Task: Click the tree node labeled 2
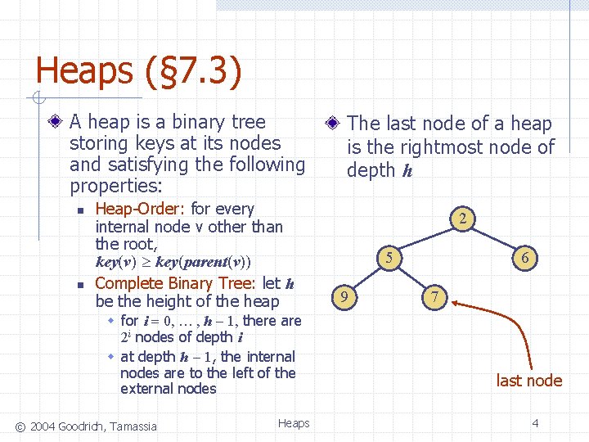click(x=462, y=219)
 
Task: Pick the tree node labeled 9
click(x=345, y=296)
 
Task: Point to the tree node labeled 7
click(x=436, y=296)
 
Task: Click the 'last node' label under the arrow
click(x=529, y=380)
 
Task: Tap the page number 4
click(x=534, y=423)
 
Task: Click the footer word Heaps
click(x=294, y=423)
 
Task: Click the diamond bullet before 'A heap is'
click(x=55, y=123)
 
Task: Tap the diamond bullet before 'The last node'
click(x=332, y=124)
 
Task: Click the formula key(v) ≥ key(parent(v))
click(x=173, y=263)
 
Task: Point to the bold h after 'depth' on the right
click(x=407, y=171)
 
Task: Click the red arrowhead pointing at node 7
click(x=455, y=303)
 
